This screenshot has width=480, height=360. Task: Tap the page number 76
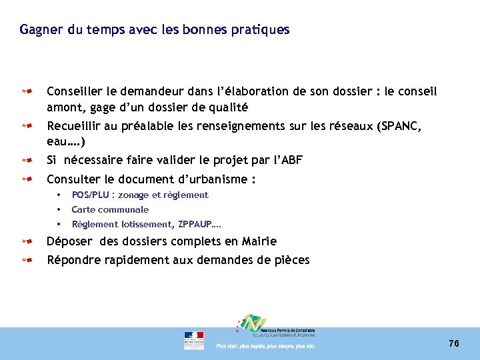click(x=454, y=343)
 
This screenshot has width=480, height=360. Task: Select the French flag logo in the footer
click(x=194, y=339)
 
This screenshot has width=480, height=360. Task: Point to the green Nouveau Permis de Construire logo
click(x=252, y=325)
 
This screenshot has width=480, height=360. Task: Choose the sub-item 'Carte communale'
click(x=110, y=209)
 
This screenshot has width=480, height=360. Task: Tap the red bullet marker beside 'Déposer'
click(x=26, y=241)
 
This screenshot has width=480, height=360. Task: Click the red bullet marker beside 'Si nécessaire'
click(x=26, y=160)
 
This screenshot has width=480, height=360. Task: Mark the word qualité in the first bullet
click(x=227, y=107)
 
